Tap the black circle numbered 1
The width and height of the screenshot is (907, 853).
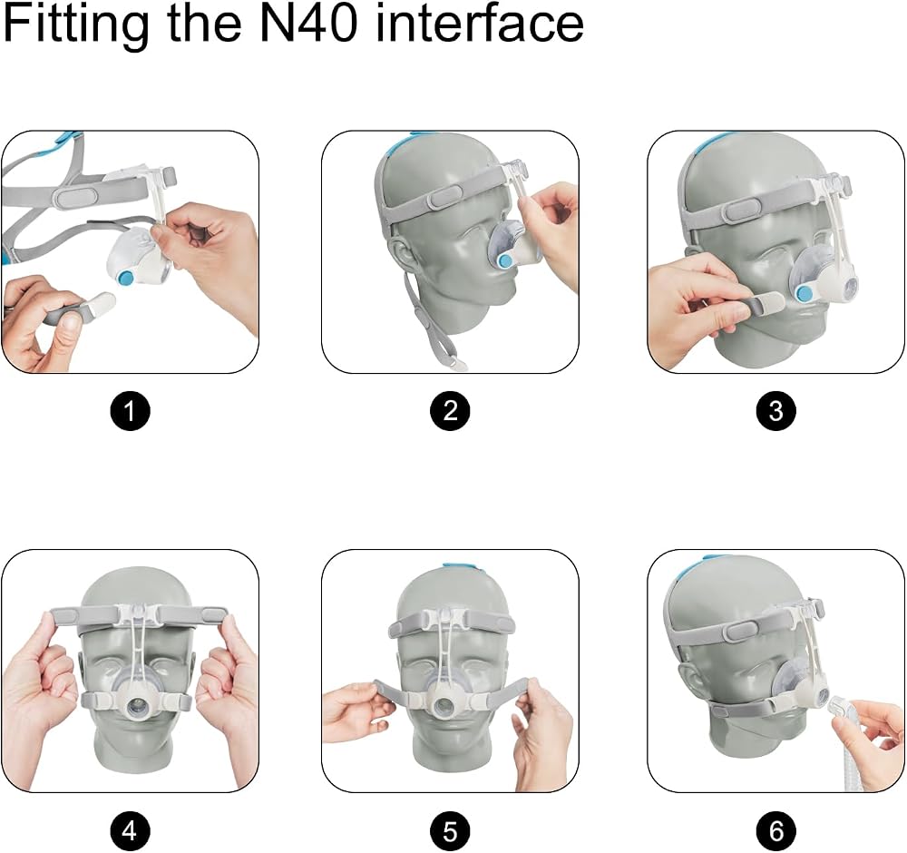coord(130,411)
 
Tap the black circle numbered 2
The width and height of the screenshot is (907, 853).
coord(450,411)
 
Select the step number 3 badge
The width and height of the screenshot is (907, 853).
coord(775,411)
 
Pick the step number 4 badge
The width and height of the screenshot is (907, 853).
coord(130,831)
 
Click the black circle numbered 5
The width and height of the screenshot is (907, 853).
coord(450,831)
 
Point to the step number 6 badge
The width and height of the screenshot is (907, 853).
coord(775,831)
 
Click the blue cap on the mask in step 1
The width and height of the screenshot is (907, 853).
coord(126,279)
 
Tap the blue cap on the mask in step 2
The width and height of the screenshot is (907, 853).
coord(506,260)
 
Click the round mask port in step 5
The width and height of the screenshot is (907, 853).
coord(444,705)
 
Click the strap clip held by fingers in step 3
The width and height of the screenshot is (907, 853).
coord(766,303)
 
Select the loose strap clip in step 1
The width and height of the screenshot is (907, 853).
coord(101,301)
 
